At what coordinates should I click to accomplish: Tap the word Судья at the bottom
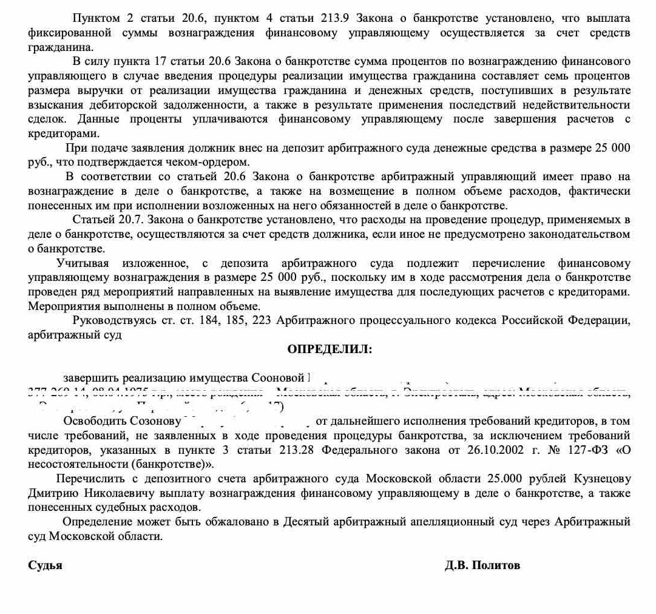45,565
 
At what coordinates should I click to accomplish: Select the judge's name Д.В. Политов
482,565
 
